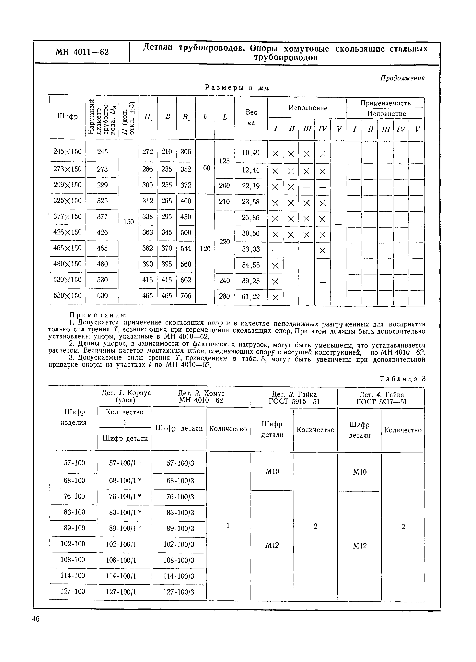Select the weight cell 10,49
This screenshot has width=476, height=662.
click(x=251, y=153)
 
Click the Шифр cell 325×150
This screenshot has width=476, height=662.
click(x=67, y=201)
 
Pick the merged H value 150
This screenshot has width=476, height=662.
click(x=128, y=222)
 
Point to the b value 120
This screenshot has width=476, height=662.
click(x=205, y=249)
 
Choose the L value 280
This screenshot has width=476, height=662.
click(x=224, y=296)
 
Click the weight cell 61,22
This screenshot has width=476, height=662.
click(x=251, y=297)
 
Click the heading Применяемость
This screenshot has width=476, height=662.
click(x=385, y=103)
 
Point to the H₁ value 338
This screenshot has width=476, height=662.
click(x=147, y=217)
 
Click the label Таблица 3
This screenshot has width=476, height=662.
click(x=402, y=379)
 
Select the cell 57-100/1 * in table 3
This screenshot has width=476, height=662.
click(x=125, y=463)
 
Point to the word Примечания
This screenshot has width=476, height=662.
click(x=97, y=315)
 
